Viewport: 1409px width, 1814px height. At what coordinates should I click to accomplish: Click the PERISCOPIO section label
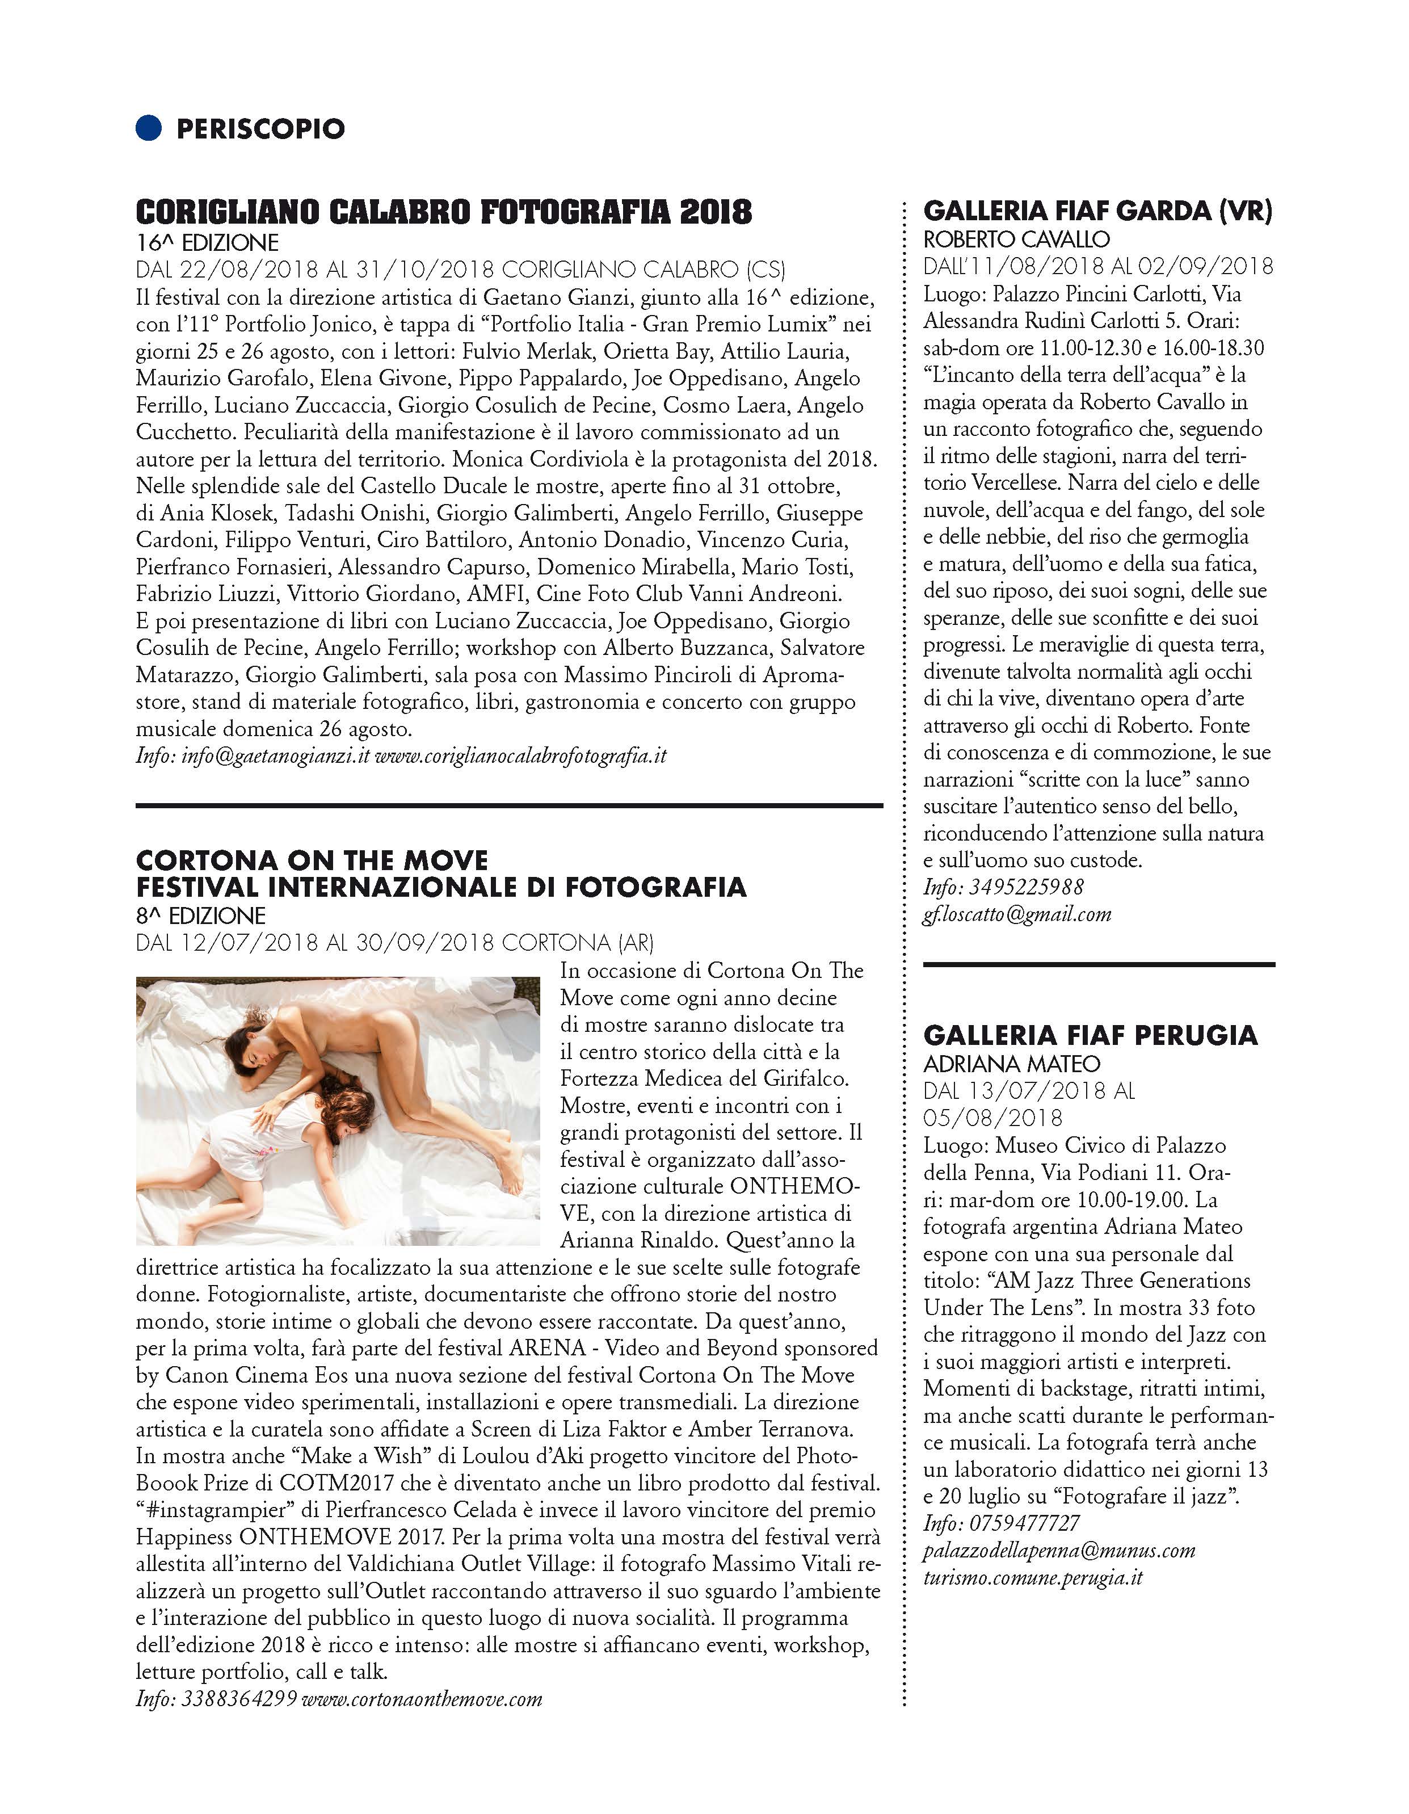click(260, 129)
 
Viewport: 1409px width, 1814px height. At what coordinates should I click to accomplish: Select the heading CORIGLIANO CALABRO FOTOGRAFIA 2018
click(444, 211)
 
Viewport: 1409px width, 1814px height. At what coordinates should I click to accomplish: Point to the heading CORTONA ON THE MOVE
click(312, 860)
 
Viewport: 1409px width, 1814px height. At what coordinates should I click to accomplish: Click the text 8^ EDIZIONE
click(200, 916)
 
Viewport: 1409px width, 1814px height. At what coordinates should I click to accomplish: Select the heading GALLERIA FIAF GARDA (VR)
click(1097, 212)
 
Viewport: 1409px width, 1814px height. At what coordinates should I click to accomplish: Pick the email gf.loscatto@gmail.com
click(1016, 914)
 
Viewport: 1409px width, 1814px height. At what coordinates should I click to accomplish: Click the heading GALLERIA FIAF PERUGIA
click(1090, 1036)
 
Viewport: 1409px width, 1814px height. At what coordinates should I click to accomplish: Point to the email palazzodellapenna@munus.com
click(1059, 1551)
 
